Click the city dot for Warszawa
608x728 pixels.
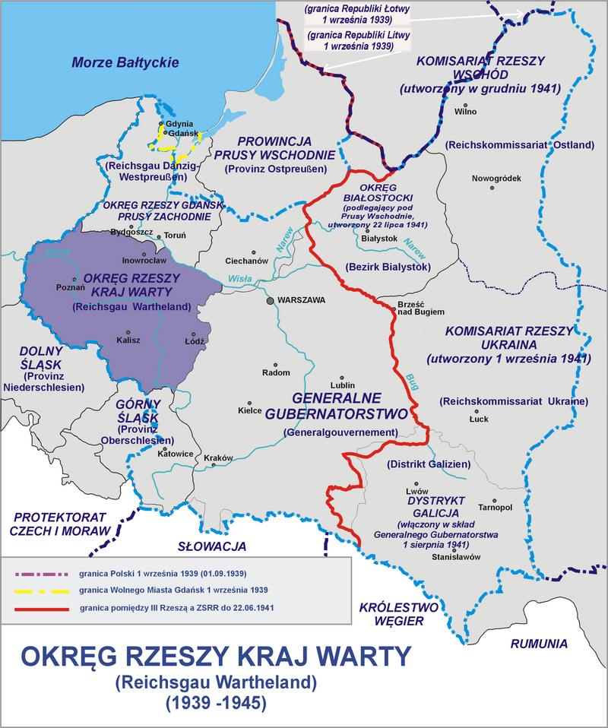coord(270,301)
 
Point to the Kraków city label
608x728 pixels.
coord(217,457)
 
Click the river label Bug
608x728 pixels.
coord(413,377)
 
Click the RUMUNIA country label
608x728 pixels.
coord(539,644)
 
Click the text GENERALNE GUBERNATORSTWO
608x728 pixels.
coord(340,405)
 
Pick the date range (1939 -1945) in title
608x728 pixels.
coord(215,704)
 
